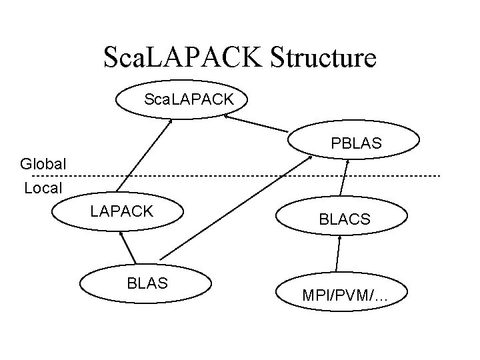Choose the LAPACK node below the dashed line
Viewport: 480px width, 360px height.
click(x=122, y=211)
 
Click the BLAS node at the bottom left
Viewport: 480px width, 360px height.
click(x=147, y=283)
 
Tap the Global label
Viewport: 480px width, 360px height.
click(x=43, y=163)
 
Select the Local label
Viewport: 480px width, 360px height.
click(x=43, y=188)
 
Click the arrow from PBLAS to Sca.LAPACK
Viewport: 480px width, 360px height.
click(x=257, y=123)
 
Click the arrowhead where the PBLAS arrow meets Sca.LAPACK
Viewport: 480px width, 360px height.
click(x=227, y=115)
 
